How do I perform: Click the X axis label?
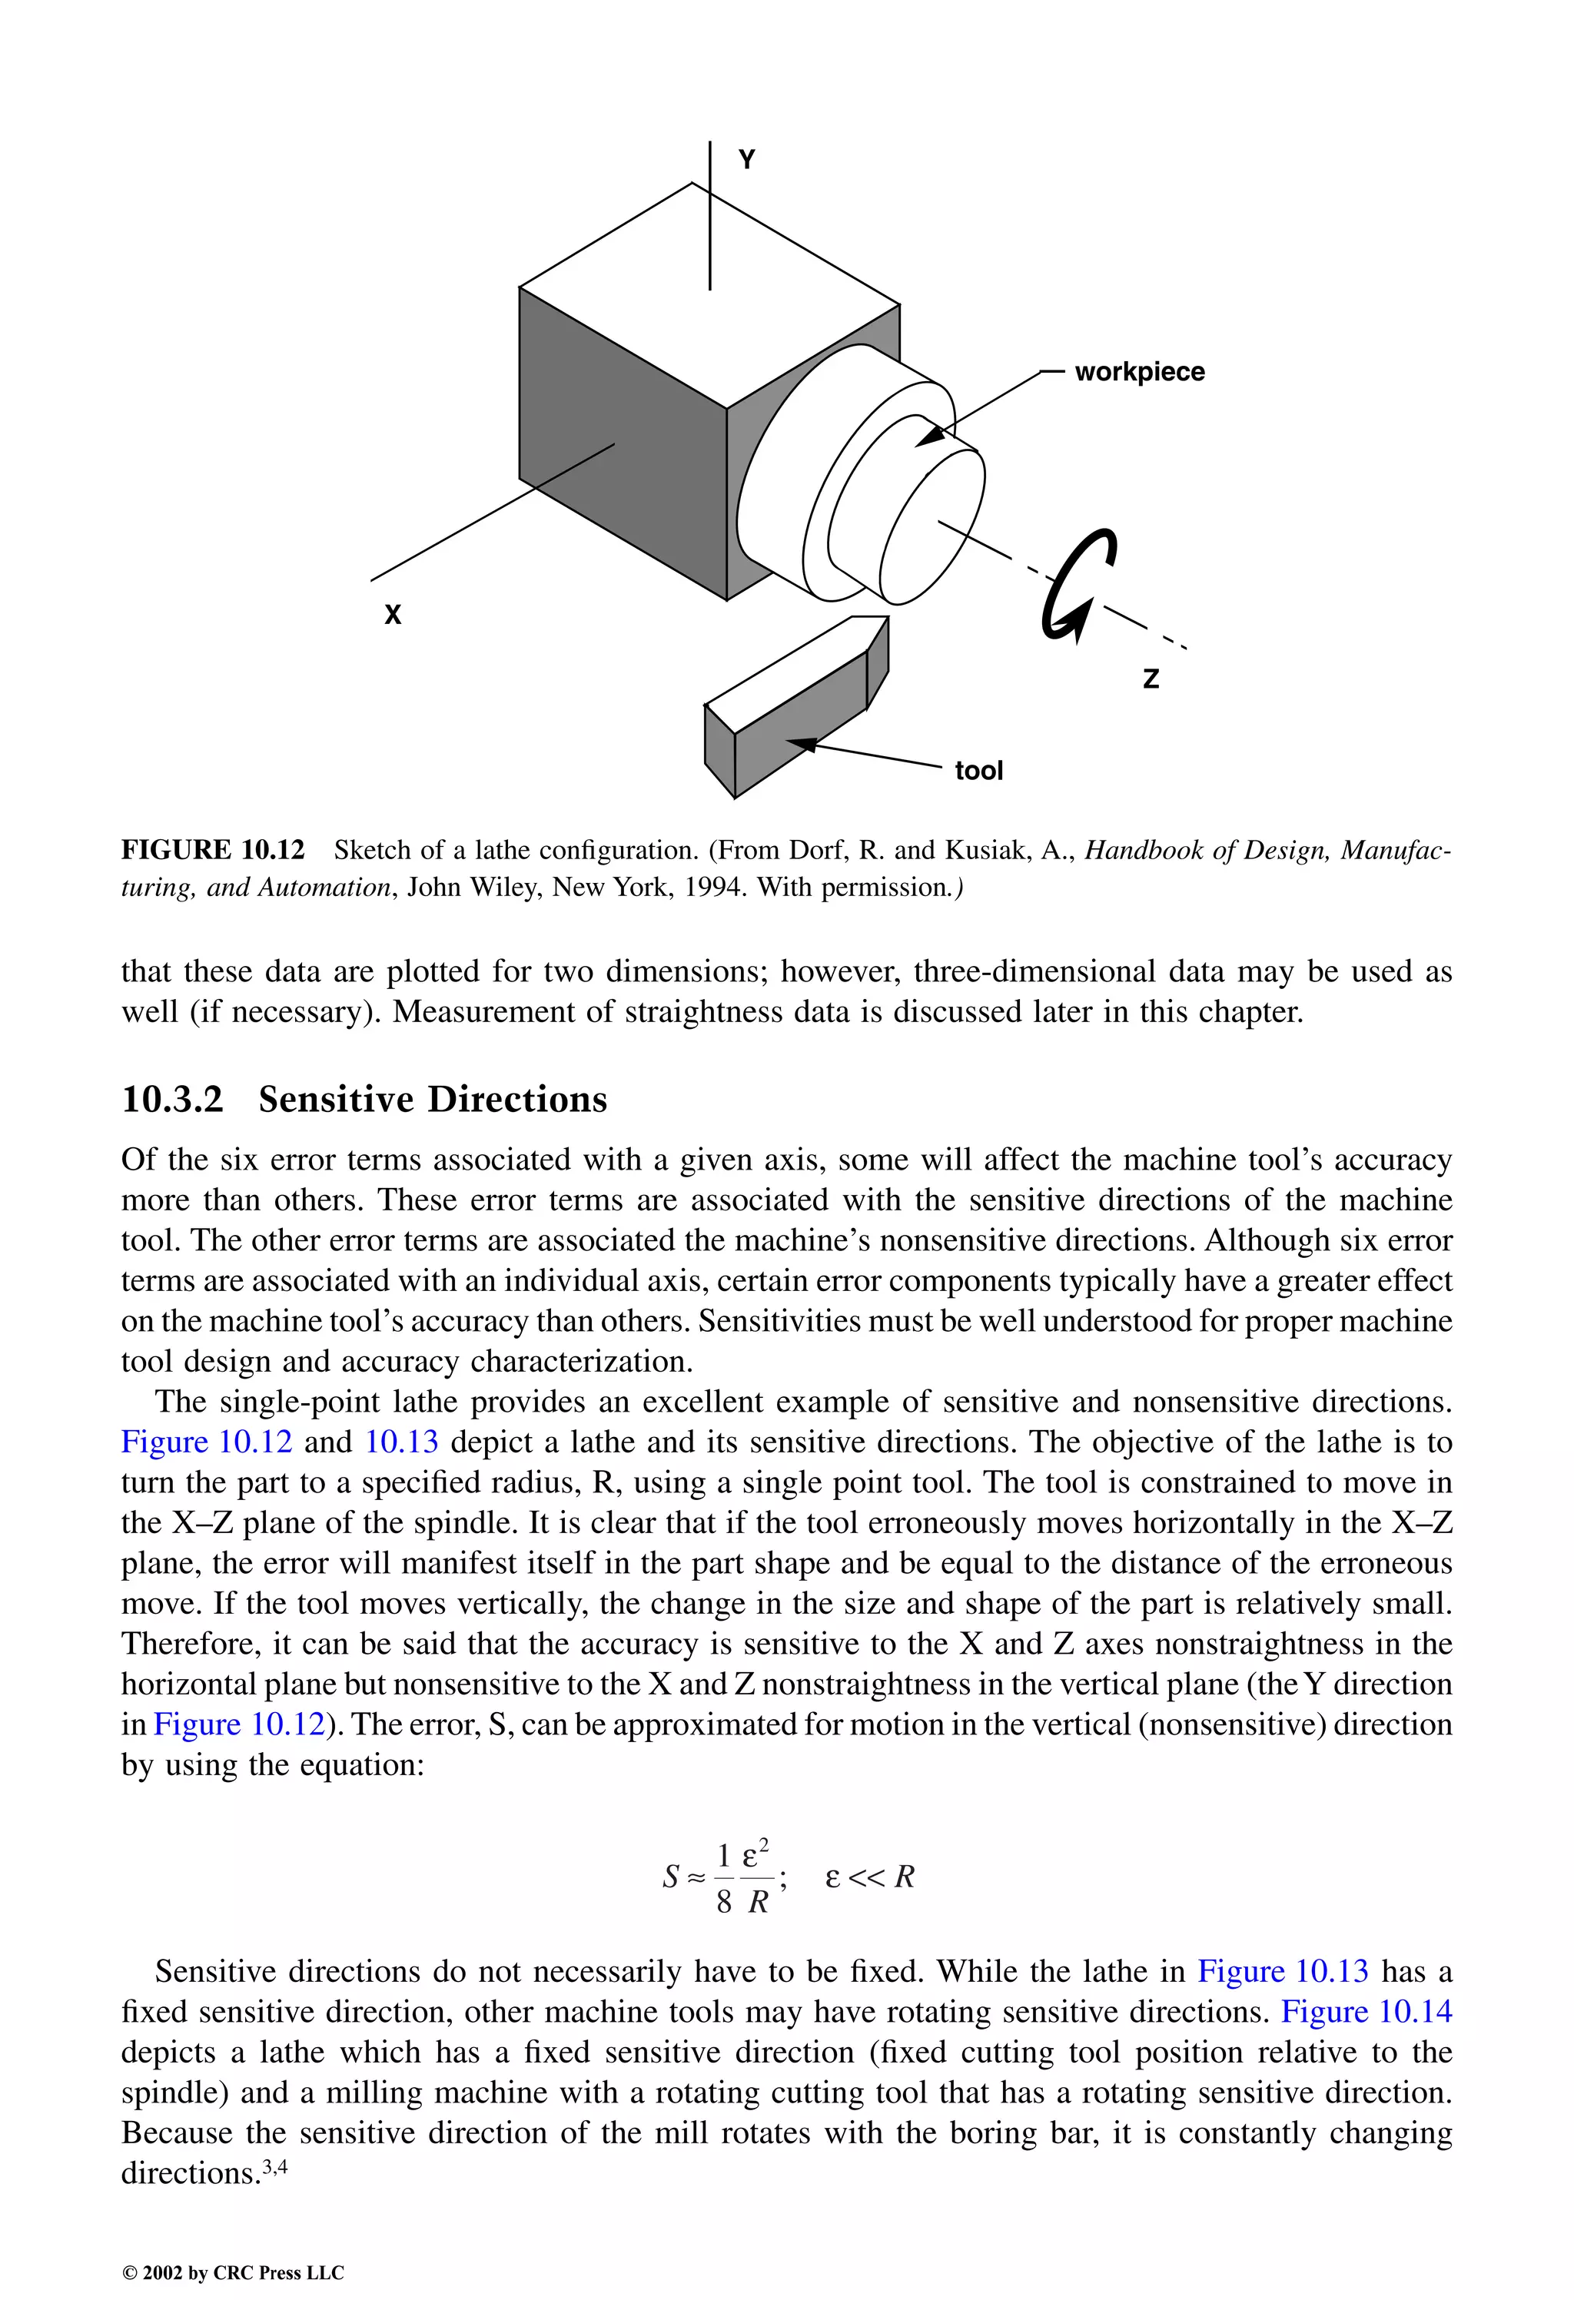point(393,615)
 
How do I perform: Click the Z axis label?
point(1151,679)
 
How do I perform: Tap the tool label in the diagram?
point(978,770)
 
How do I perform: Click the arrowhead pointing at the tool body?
point(800,743)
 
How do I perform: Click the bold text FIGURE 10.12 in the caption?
point(213,850)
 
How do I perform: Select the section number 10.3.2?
point(172,1100)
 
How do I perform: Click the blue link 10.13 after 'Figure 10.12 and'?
point(401,1441)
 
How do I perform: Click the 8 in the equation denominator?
point(724,1901)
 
